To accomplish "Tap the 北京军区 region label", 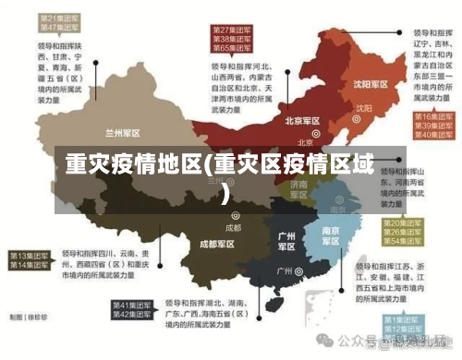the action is [x=302, y=121].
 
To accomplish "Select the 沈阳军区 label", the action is [x=355, y=84].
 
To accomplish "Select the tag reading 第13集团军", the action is [x=31, y=254].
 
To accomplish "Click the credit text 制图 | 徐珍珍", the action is [x=28, y=317].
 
